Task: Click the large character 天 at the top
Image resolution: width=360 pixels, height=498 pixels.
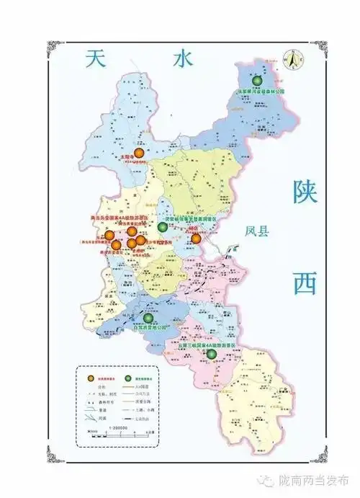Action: [96, 59]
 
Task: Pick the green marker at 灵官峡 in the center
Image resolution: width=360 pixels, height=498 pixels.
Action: [163, 228]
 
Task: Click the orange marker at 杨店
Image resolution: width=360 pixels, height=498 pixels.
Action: [196, 238]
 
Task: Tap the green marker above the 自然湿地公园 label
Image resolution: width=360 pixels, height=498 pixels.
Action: [148, 318]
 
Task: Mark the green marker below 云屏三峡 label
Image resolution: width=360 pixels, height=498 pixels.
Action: [212, 355]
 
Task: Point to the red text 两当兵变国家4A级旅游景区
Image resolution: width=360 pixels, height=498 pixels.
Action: [124, 216]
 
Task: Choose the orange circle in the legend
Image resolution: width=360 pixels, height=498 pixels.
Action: [90, 378]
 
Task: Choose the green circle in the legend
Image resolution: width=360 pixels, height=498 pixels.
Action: [130, 378]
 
